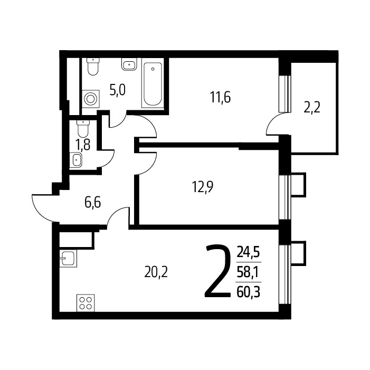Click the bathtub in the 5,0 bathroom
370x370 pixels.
153,84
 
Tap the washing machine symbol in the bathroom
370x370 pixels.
91,99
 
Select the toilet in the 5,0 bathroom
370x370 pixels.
93,67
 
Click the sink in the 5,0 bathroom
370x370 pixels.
129,64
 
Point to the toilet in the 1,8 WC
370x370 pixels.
82,129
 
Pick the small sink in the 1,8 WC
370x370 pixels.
76,160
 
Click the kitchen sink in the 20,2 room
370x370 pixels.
68,259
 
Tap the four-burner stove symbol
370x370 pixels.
86,303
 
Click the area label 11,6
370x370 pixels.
220,98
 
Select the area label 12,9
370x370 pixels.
203,187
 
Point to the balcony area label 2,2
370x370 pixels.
312,108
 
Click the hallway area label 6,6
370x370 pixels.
92,203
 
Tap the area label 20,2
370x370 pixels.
156,272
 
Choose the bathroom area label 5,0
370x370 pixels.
118,90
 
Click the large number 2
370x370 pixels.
217,270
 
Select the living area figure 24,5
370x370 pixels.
248,252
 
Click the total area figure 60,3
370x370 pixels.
248,292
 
